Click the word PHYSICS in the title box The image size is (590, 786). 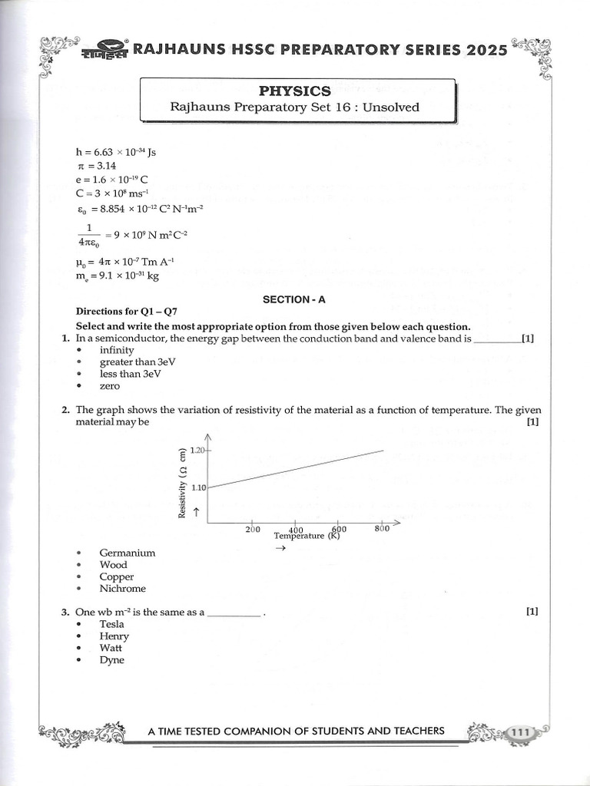click(294, 91)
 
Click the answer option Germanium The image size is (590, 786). click(127, 553)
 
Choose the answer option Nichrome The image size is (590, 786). click(122, 589)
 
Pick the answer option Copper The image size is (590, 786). click(116, 576)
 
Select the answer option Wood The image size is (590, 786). click(113, 565)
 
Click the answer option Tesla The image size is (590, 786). click(111, 624)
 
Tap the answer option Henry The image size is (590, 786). click(114, 636)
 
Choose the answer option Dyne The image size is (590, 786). click(111, 660)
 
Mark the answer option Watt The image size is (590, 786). click(111, 648)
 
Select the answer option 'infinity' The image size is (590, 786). click(116, 350)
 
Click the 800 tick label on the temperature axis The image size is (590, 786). click(382, 529)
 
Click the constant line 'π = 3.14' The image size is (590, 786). click(95, 165)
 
